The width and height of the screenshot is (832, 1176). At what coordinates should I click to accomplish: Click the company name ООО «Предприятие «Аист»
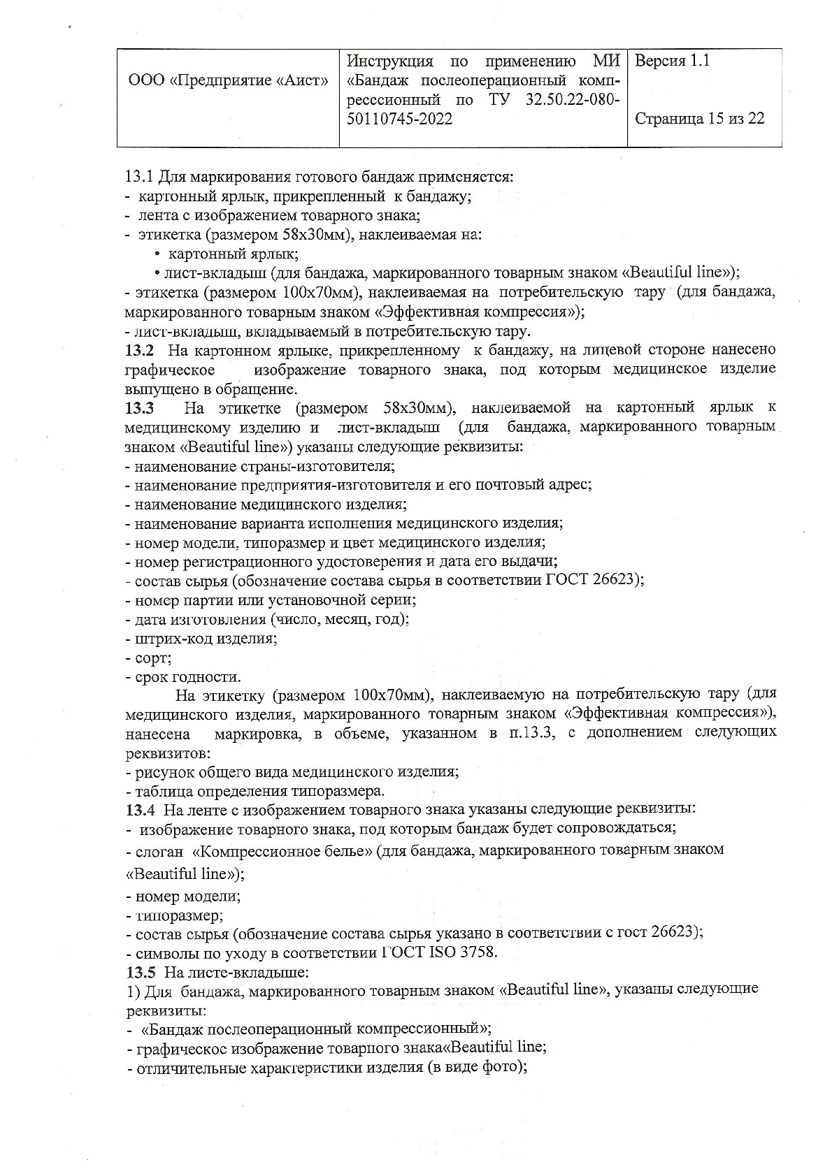coord(229,80)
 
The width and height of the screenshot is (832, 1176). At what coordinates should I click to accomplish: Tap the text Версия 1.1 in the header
coord(671,61)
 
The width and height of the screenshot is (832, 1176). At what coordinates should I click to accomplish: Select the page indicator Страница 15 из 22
coord(699,118)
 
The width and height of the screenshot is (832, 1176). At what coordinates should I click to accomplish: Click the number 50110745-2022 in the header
coord(399,119)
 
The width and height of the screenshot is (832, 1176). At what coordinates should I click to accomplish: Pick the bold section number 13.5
coord(138,972)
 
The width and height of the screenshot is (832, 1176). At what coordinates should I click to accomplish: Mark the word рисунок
coord(162,771)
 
